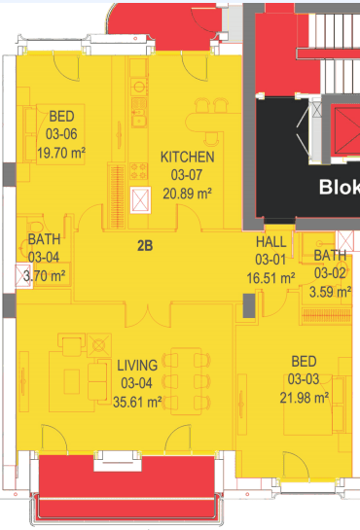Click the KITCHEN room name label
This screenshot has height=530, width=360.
point(187,158)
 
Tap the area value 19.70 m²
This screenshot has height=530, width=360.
point(61,153)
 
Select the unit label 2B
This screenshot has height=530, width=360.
point(145,246)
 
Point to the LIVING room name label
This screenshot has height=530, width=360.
point(137,366)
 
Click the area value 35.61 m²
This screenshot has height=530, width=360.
point(137,403)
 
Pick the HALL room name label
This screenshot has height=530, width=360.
point(271,242)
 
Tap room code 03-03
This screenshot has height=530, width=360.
point(304,379)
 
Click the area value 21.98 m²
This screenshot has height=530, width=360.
point(305,398)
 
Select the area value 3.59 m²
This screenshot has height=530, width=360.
point(330,292)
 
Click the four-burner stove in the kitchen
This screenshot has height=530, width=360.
point(139,171)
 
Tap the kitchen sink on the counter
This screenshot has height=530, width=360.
point(139,121)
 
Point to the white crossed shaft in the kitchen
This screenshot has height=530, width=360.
point(140,200)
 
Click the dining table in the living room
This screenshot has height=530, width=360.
point(186,381)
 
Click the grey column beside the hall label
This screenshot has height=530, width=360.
point(249,305)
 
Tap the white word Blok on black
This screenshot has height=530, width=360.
point(339,187)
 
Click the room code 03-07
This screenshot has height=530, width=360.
point(187,175)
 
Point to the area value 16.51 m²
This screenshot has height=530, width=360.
point(270,278)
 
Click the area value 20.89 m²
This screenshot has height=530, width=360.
point(187,194)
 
